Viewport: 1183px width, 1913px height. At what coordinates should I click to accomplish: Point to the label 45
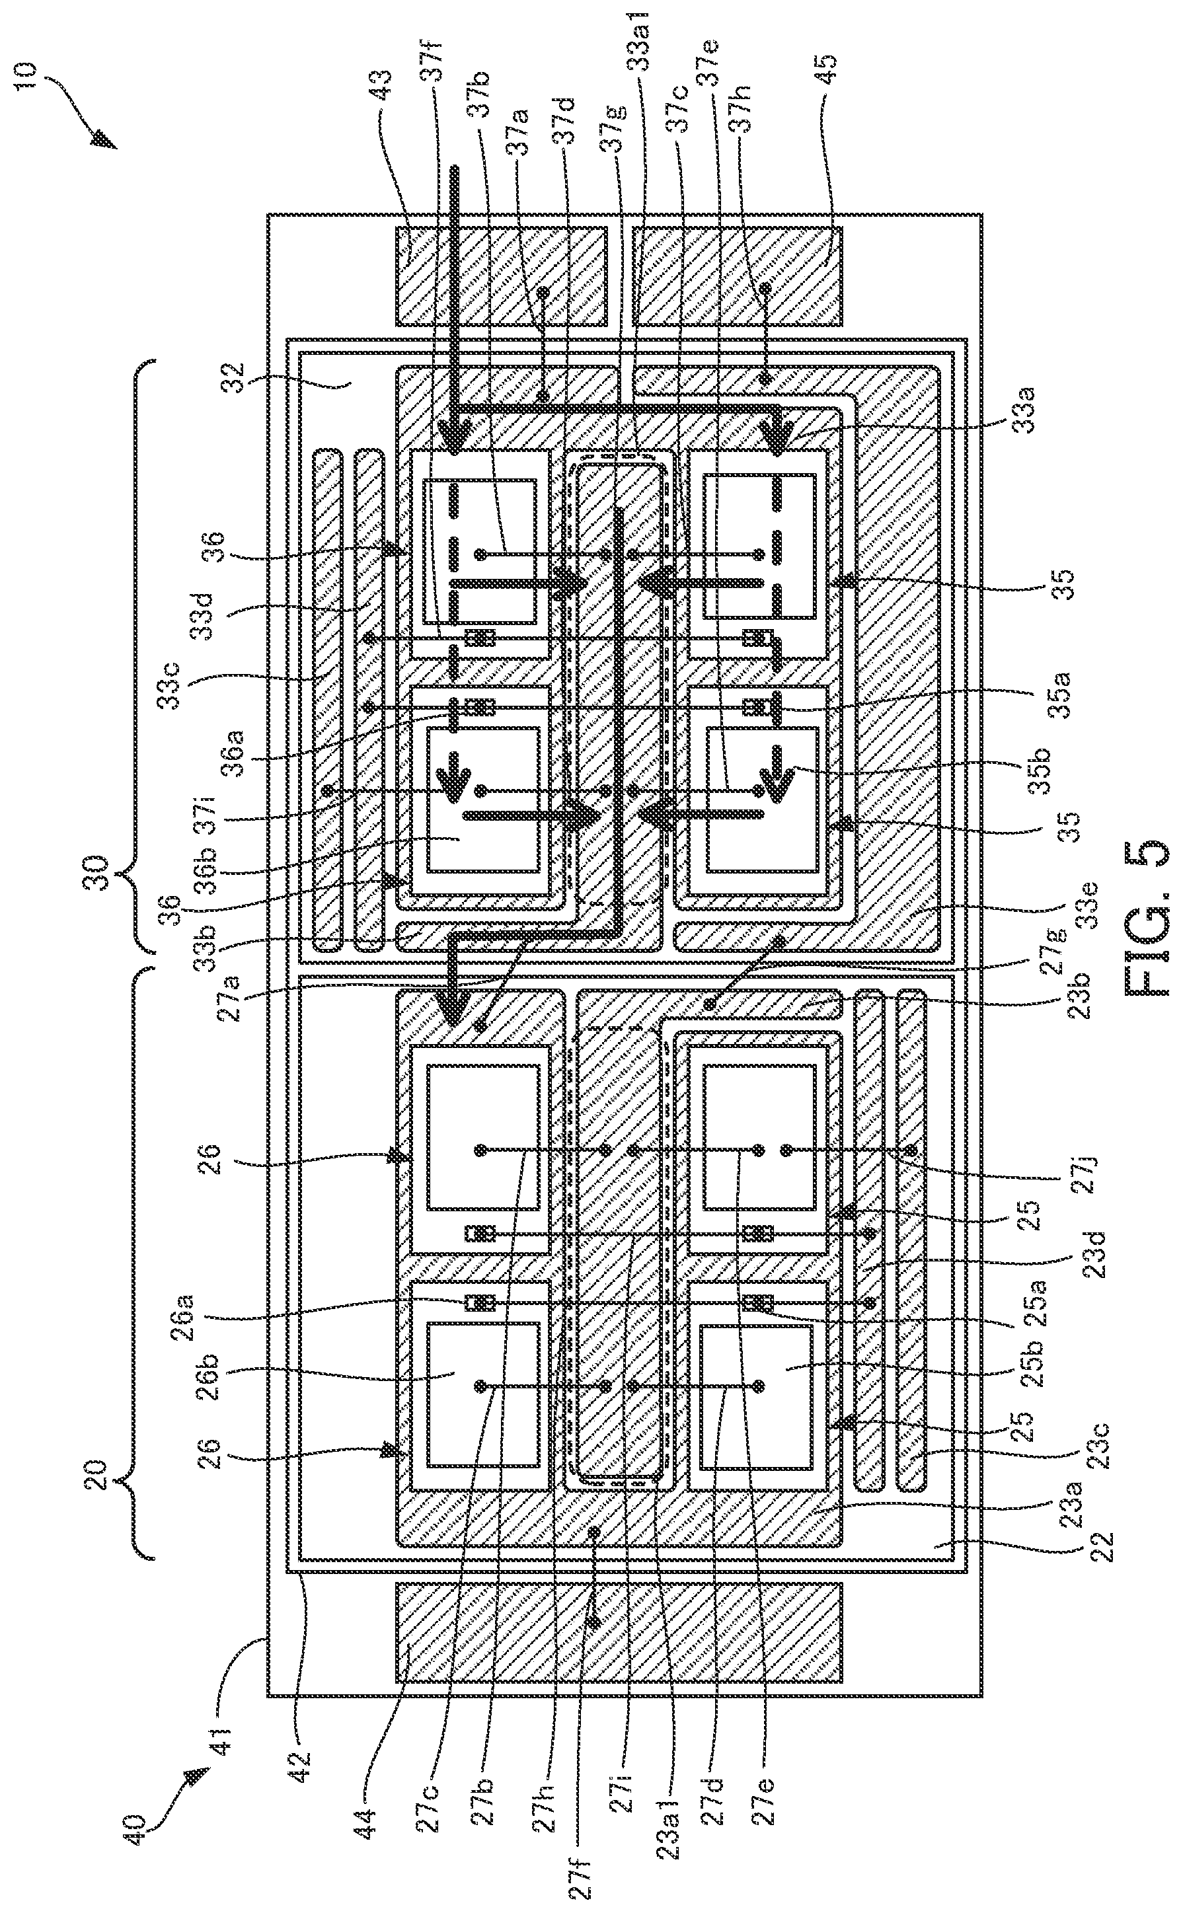[x=826, y=73]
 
